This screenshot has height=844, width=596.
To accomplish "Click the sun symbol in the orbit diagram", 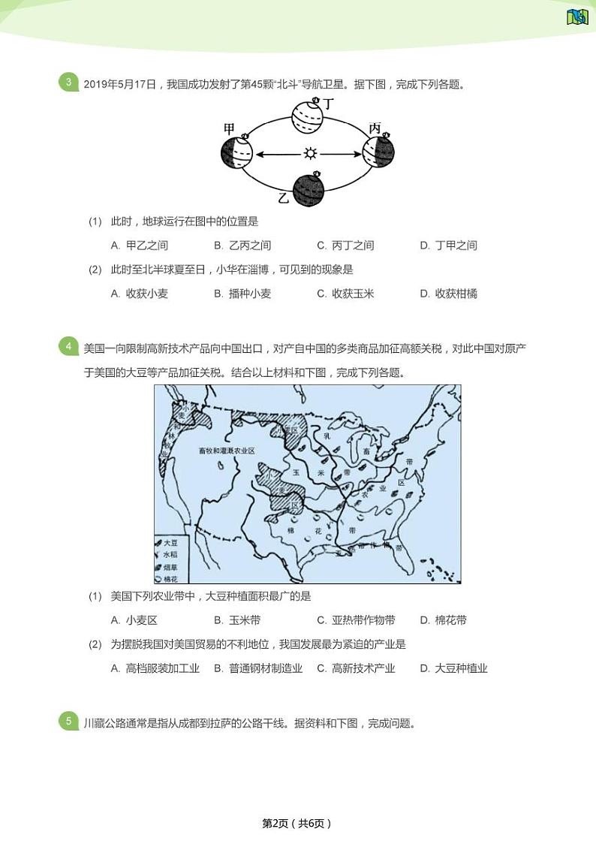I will tap(310, 154).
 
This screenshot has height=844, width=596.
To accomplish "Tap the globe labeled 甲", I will tap(236, 153).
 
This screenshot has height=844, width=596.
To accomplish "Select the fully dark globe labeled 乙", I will tap(308, 189).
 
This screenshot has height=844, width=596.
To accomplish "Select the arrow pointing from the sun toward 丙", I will tap(342, 154).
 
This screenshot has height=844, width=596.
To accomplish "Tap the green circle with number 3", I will tap(68, 83).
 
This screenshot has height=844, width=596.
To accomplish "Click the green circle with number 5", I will tap(68, 722).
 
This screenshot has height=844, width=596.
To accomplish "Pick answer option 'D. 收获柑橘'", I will tap(448, 294).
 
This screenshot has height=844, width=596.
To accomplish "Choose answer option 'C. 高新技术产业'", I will tap(356, 668).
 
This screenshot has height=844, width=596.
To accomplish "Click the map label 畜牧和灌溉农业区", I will tap(227, 451).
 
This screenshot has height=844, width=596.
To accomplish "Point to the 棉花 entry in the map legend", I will tap(171, 578).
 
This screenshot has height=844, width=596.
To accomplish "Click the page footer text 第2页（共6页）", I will tap(296, 823).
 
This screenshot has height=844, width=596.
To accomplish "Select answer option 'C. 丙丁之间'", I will tap(345, 246).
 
